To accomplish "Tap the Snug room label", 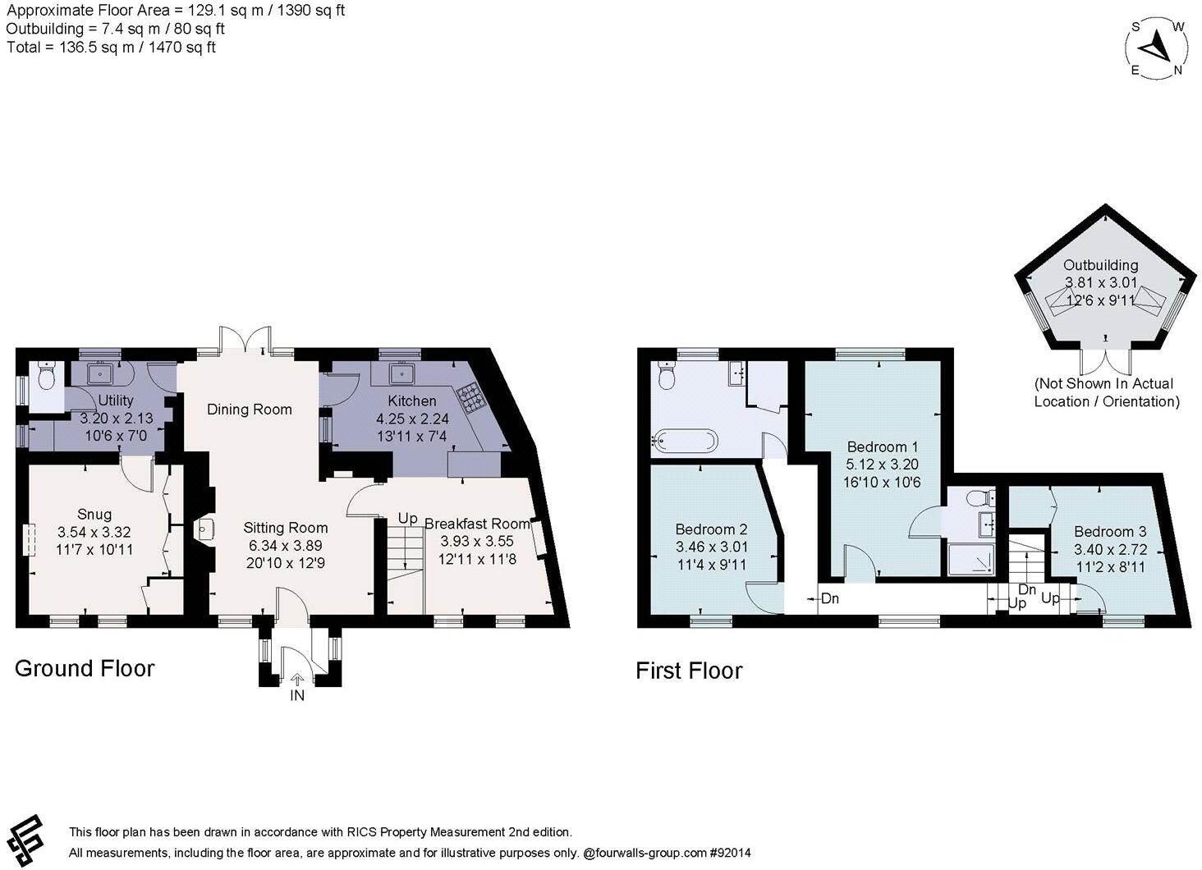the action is click(x=94, y=514).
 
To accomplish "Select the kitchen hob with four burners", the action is click(x=470, y=397).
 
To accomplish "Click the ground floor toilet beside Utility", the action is click(x=48, y=376).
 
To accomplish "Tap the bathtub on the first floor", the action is click(x=684, y=441).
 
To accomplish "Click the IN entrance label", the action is click(x=296, y=695).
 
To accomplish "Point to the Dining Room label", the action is click(x=250, y=410).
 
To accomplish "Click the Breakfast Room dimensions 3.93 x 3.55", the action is click(x=477, y=541).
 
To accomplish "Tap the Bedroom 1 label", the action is click(x=882, y=446).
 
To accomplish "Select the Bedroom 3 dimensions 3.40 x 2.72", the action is click(x=1110, y=549).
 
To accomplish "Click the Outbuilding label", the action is click(x=1100, y=265).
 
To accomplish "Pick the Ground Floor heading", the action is click(x=85, y=668).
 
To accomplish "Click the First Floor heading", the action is click(x=689, y=671).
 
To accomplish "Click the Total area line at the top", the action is click(x=111, y=48).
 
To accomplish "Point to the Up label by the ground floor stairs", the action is click(x=407, y=518).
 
